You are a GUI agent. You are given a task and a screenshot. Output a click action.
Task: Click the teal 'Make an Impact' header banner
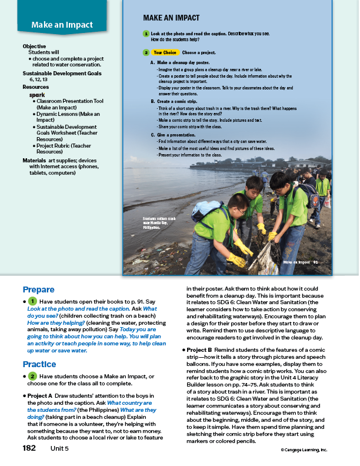point(62,25)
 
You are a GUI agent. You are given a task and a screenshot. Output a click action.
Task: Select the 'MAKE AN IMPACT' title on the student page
point(171,18)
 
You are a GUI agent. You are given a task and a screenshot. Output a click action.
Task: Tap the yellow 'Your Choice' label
point(165,52)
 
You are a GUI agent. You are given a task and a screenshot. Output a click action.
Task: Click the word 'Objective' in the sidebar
point(34,46)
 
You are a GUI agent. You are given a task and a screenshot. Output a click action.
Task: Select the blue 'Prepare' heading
point(38,289)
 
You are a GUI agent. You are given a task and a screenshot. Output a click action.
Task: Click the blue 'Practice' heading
point(39,364)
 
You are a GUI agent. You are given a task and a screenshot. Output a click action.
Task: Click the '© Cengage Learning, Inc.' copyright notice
point(304,450)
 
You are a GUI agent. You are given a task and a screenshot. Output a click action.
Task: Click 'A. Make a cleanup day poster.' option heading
point(184,62)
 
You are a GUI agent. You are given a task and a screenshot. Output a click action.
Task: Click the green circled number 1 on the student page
point(145,34)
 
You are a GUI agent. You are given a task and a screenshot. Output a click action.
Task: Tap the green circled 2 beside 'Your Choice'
point(145,52)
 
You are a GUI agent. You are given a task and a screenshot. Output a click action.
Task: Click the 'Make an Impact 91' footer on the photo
point(300,262)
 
